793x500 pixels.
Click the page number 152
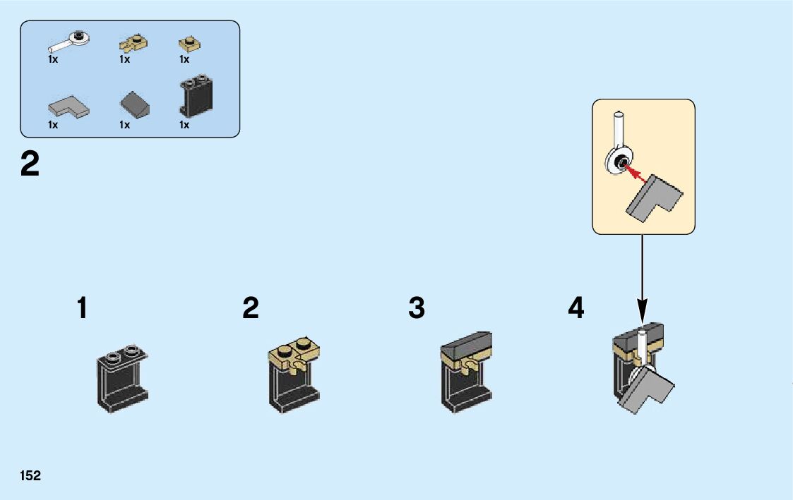coord(30,476)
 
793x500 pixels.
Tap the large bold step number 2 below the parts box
coord(30,166)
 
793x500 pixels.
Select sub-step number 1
coord(83,309)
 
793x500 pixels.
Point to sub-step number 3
coord(417,309)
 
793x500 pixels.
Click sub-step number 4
coord(576,309)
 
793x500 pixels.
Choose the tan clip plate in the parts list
coord(133,44)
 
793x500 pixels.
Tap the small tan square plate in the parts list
coord(189,44)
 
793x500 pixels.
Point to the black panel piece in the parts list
coord(197,95)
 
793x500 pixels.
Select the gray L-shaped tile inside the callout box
coord(653,200)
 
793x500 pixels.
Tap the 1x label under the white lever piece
coord(53,60)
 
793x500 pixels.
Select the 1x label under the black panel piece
coord(184,125)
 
